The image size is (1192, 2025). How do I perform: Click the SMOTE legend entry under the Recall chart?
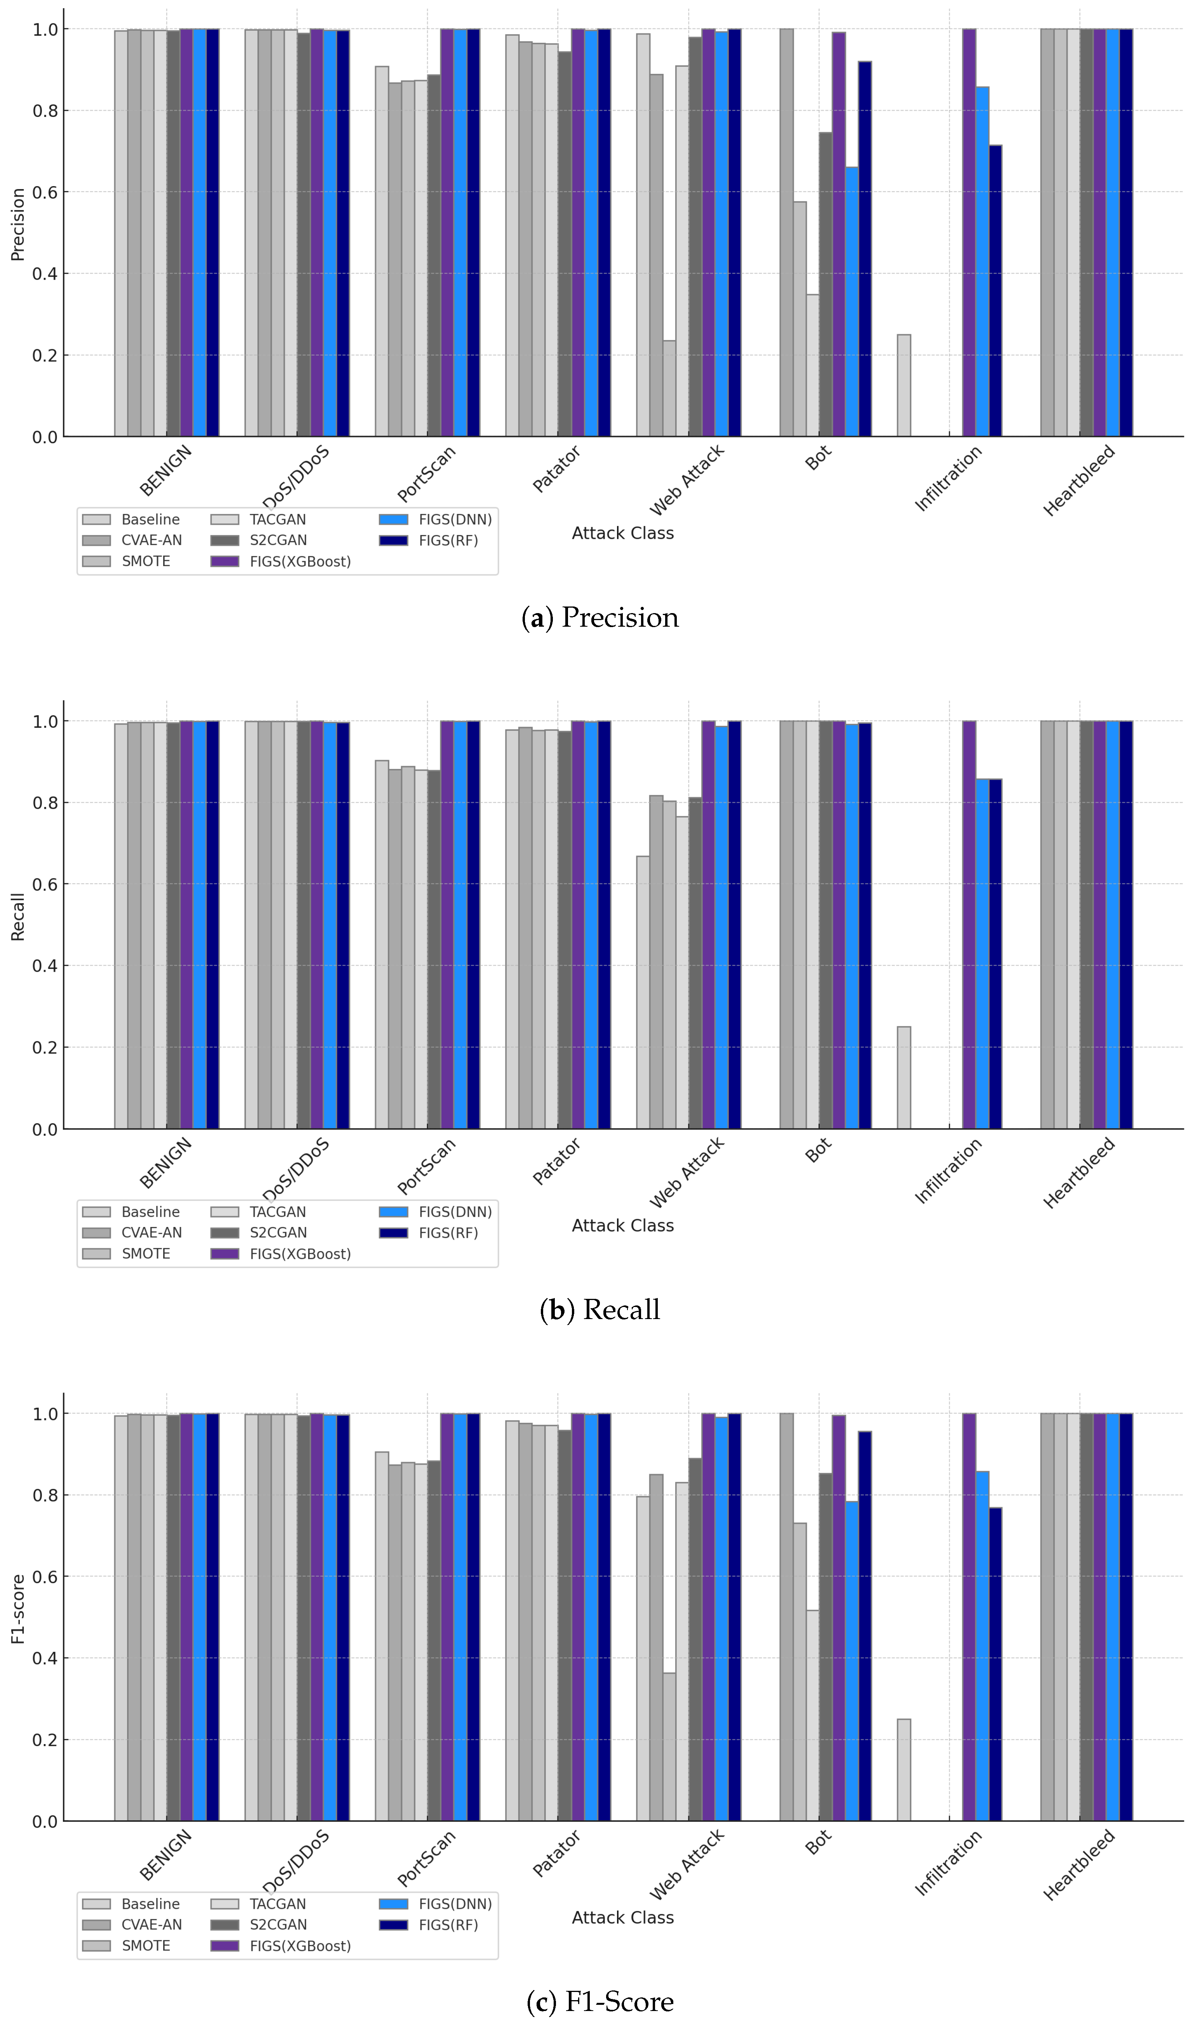point(145,1253)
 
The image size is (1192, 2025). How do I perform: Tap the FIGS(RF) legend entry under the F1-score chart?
point(448,1924)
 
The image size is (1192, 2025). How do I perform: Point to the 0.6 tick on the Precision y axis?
point(45,192)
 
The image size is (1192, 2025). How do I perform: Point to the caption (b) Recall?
point(599,1310)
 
